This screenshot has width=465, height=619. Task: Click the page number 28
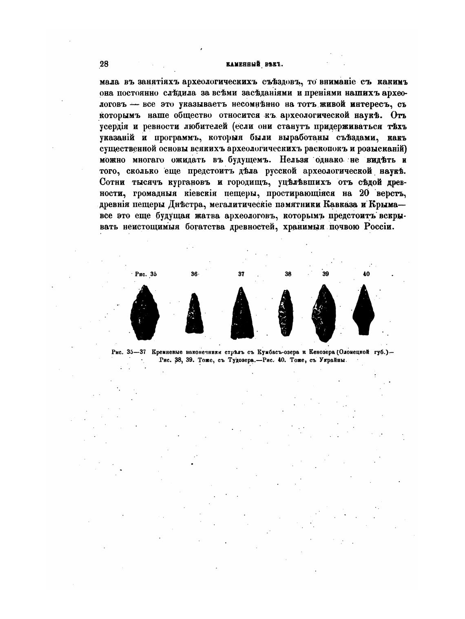point(104,64)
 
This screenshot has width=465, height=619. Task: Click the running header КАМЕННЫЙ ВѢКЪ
point(249,64)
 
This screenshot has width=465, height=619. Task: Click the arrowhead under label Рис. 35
point(145,313)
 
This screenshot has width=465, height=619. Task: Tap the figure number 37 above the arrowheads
point(241,274)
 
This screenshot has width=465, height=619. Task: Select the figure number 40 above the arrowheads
point(366,274)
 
